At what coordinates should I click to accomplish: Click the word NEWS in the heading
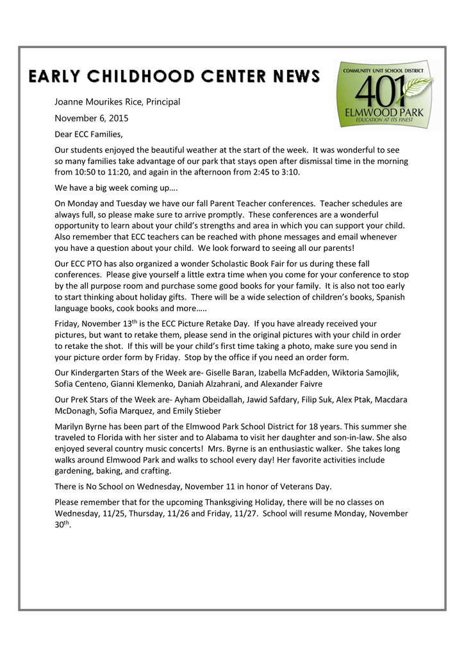291,76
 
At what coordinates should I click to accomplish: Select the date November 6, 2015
92,118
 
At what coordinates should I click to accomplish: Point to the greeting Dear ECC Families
88,134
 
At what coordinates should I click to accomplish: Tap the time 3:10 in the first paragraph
288,173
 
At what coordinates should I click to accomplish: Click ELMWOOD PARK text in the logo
388,111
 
